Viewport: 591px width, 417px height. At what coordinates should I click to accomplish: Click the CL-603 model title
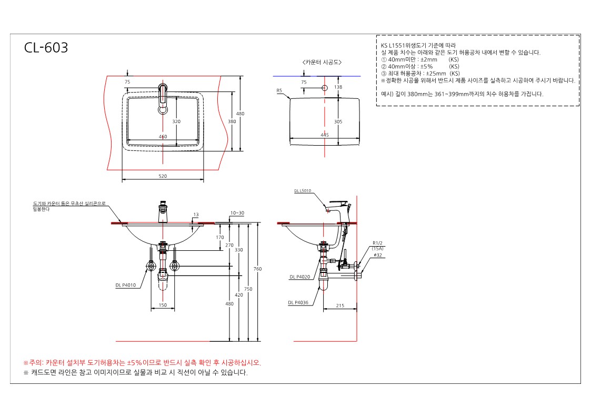[x=46, y=48]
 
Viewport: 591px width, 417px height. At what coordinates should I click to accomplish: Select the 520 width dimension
[x=163, y=176]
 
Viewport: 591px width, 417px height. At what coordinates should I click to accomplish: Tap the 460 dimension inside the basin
[x=163, y=137]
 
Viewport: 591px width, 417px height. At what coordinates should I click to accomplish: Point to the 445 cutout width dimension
[x=325, y=135]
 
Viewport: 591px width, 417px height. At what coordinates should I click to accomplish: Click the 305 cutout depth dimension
[x=338, y=121]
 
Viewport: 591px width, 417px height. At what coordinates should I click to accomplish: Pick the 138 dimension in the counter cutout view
[x=338, y=87]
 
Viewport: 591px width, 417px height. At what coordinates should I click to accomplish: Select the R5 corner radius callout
[x=279, y=90]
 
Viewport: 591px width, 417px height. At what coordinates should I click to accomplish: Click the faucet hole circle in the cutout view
[x=325, y=88]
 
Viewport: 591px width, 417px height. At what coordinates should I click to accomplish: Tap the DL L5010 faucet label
[x=303, y=191]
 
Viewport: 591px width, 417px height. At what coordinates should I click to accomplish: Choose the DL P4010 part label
[x=125, y=285]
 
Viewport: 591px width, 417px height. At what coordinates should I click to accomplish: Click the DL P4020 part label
[x=299, y=277]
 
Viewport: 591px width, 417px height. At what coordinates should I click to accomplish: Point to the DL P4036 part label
[x=298, y=302]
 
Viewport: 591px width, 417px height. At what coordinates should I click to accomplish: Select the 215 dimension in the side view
[x=340, y=306]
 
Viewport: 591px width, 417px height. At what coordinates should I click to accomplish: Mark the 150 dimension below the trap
[x=163, y=305]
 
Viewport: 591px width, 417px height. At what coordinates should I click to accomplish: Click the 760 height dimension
[x=257, y=269]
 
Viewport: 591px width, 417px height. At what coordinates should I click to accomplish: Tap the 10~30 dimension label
[x=237, y=213]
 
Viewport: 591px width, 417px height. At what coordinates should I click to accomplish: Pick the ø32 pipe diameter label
[x=378, y=255]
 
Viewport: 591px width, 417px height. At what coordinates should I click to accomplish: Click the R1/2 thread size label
[x=377, y=243]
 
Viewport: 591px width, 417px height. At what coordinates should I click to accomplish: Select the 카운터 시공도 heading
[x=322, y=63]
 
